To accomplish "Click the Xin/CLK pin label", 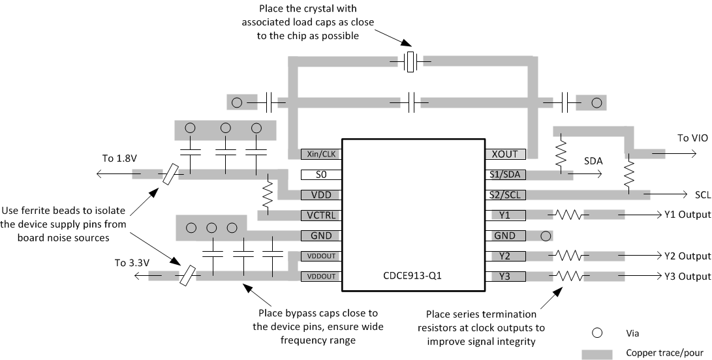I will pos(319,155).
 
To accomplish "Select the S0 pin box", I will pos(319,175).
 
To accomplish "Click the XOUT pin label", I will pos(505,155).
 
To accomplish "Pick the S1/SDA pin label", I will pos(505,175).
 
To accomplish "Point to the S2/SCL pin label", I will pos(505,194).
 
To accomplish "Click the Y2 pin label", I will pos(505,256).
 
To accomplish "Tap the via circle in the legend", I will pos(596,331).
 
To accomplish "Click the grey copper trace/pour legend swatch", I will pos(596,353).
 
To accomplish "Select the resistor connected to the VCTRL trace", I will pos(266,194).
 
